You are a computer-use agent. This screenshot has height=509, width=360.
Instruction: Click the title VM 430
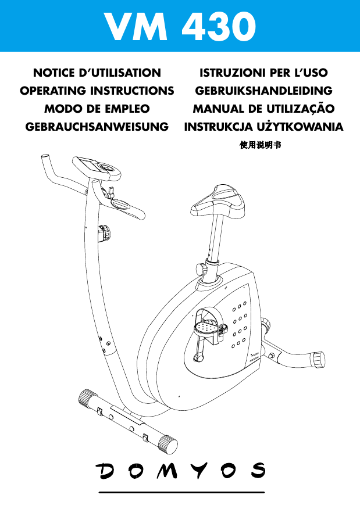click(180, 27)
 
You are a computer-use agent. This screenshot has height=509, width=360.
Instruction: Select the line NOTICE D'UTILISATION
click(97, 73)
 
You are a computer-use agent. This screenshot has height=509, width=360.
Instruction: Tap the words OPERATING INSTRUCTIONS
click(97, 91)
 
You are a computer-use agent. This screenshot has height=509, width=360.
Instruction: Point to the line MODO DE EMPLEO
click(97, 109)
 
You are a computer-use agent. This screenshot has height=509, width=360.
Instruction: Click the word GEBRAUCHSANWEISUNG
click(97, 127)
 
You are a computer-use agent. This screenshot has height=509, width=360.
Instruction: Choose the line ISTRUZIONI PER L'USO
click(264, 73)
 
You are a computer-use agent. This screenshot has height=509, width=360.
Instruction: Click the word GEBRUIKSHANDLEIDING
click(264, 91)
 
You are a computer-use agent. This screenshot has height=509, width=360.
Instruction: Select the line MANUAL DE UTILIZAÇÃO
click(264, 109)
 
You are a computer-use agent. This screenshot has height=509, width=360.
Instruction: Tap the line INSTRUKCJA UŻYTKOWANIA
click(264, 127)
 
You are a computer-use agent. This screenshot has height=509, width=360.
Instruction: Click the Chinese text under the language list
click(260, 145)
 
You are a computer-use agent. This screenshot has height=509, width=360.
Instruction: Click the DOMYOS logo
click(181, 471)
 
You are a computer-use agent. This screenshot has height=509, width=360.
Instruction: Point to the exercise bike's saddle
click(218, 203)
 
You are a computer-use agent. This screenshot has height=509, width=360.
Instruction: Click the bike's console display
click(88, 166)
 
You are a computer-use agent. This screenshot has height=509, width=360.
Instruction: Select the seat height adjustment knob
click(201, 270)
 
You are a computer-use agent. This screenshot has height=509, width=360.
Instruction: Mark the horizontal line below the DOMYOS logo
click(182, 493)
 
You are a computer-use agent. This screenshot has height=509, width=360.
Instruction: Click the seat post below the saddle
click(216, 239)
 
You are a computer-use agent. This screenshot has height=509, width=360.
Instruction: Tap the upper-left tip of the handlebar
click(45, 157)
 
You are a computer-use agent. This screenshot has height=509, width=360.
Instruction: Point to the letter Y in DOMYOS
click(199, 471)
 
